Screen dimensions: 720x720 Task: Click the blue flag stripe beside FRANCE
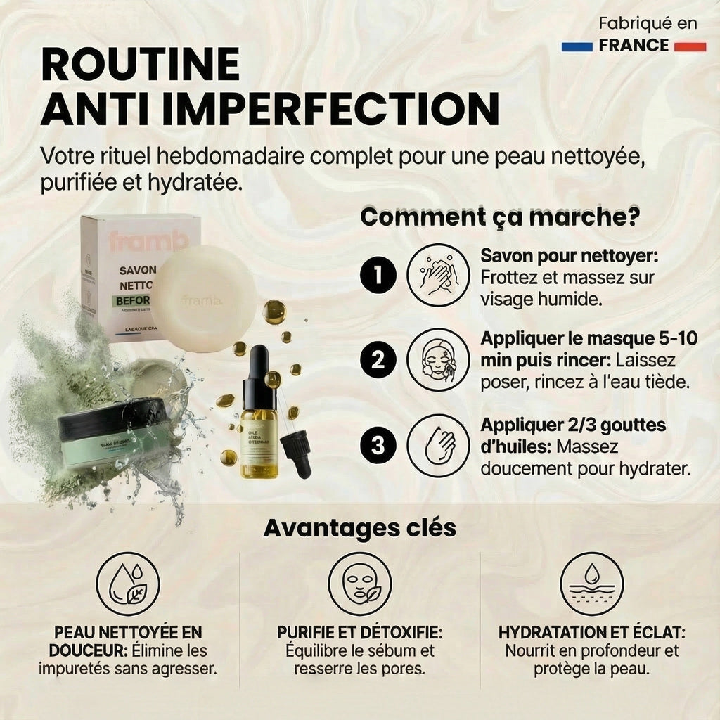(578, 46)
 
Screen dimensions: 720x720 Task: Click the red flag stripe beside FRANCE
(689, 46)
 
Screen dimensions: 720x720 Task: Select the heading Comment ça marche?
(499, 217)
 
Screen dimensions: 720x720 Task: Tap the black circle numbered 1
(379, 275)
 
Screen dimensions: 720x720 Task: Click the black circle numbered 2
(379, 361)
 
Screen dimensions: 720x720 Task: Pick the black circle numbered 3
(379, 446)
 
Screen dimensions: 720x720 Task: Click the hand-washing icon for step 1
(438, 275)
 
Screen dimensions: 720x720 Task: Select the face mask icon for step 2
(438, 361)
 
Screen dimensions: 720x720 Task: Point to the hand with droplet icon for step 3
(438, 446)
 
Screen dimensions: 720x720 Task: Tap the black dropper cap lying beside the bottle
(297, 454)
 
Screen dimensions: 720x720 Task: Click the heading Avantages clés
(359, 528)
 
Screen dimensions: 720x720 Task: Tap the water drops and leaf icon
(127, 584)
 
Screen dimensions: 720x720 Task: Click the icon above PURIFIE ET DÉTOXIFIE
(359, 584)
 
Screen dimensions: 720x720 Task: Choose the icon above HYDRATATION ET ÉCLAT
(591, 584)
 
